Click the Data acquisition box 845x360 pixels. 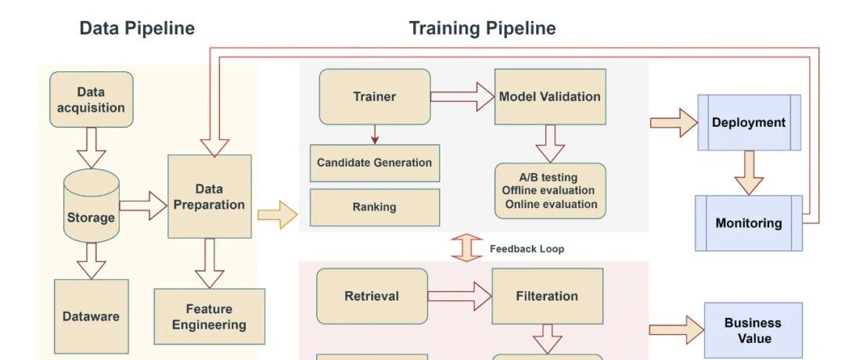point(92,99)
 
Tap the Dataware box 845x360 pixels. point(92,316)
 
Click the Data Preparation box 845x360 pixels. point(209,196)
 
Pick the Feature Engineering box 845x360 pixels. point(209,316)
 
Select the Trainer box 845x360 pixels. point(374,96)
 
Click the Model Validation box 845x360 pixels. point(550,96)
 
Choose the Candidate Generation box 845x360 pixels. point(374,163)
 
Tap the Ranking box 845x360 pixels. point(374,207)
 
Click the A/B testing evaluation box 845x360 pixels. point(550,191)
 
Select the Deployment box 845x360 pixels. point(749,122)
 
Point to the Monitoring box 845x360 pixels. point(749,223)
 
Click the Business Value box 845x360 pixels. point(753,331)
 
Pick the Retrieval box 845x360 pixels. point(372,296)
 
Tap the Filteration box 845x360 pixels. point(547,296)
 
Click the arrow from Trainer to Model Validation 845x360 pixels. point(462,96)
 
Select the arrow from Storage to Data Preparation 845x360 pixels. point(143,206)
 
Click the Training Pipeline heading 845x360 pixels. point(482,29)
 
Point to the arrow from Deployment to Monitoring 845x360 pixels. point(749,172)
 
